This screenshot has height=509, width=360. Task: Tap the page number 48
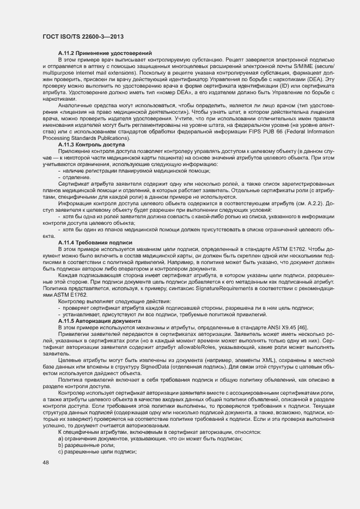46,463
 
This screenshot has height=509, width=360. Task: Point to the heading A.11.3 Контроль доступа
91,145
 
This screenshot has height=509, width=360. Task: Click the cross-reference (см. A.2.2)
302,202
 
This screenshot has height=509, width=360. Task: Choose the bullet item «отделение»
76,177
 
